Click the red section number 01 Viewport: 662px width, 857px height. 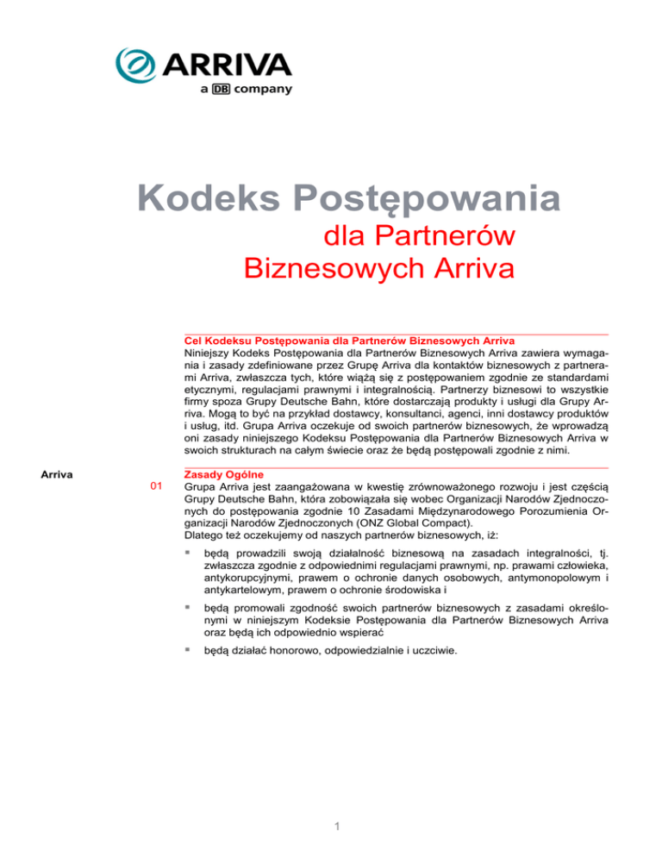[156, 489]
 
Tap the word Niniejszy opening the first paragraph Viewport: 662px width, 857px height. [211, 353]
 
